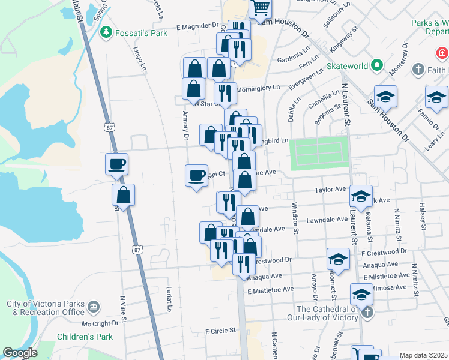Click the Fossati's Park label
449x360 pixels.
pyautogui.click(x=142, y=33)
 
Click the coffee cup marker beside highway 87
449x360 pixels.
pyautogui.click(x=116, y=164)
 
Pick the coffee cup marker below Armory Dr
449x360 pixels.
pyautogui.click(x=196, y=176)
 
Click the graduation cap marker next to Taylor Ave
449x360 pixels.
pyautogui.click(x=361, y=196)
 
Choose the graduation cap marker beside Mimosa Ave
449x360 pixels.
pyautogui.click(x=361, y=295)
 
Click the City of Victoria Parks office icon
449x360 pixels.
pyautogui.click(x=93, y=308)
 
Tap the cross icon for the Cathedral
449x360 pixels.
pyautogui.click(x=367, y=312)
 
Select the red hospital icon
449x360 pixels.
pyautogui.click(x=442, y=53)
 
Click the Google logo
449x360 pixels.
pyautogui.click(x=20, y=353)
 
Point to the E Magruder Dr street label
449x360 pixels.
pyautogui.click(x=197, y=26)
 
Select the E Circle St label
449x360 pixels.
pyautogui.click(x=220, y=331)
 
